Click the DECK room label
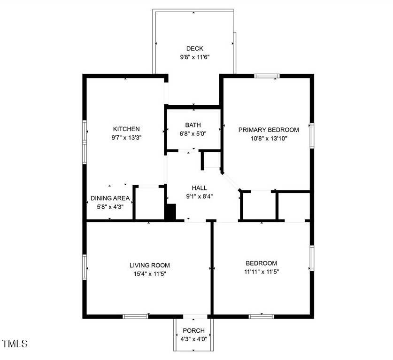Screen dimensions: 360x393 194,48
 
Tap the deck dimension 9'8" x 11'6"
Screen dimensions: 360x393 194,57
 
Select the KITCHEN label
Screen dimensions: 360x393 126,129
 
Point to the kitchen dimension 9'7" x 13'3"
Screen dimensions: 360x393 126,138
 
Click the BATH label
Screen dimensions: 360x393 193,125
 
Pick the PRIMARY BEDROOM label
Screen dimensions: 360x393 269,130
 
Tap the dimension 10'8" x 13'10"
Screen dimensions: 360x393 269,138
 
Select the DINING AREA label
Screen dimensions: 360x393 110,198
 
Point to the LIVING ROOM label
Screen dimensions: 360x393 150,265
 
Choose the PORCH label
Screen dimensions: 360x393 193,330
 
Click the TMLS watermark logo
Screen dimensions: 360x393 15,344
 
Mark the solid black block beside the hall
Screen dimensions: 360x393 171,211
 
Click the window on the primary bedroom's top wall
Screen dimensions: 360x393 267,76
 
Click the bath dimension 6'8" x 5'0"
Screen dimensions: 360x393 193,133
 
